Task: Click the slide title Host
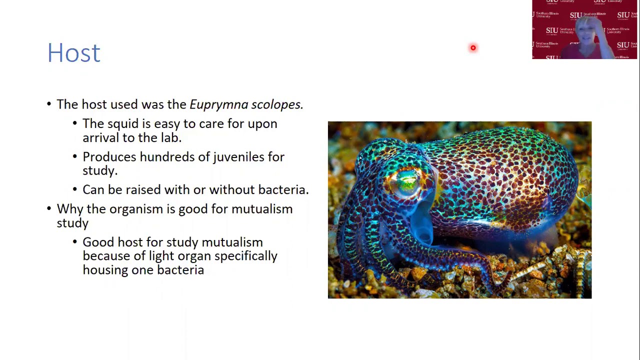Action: click(74, 53)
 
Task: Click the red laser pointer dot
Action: click(473, 48)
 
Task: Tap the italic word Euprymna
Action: click(218, 104)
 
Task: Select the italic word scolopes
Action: click(277, 104)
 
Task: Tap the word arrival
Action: click(100, 137)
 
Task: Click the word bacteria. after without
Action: click(283, 190)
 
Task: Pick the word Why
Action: click(69, 209)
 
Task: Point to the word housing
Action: click(105, 270)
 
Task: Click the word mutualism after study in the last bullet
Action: click(232, 242)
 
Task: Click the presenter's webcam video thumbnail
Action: click(584, 29)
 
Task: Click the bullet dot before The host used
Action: click(49, 104)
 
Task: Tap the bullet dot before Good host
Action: click(75, 242)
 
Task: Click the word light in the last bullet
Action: click(161, 256)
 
